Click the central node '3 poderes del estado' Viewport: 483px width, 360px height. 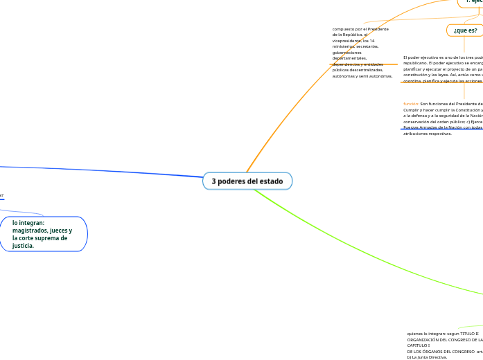(247, 181)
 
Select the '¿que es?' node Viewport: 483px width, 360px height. (465, 30)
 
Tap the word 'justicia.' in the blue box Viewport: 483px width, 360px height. (24, 246)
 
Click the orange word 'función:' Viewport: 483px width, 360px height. (411, 104)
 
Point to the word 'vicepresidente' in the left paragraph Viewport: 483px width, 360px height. (349, 41)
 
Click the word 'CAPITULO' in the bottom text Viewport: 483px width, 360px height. (417, 345)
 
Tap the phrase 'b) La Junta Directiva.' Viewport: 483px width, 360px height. (427, 357)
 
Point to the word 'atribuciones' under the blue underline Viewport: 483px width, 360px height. (418, 134)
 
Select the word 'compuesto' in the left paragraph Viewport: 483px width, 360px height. (346, 29)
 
